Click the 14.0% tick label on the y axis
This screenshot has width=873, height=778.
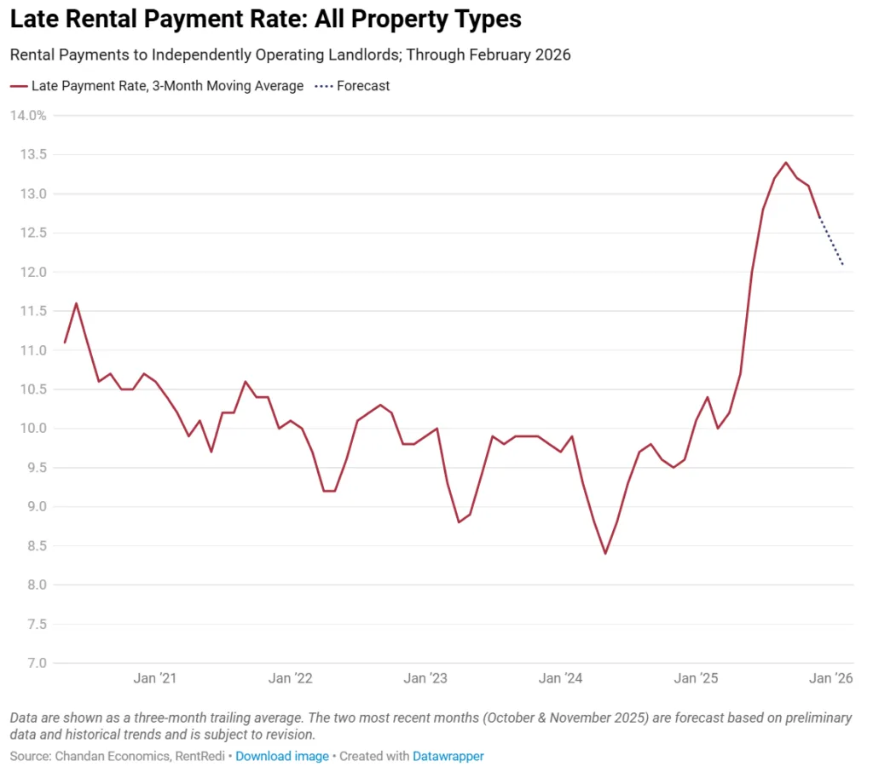point(28,115)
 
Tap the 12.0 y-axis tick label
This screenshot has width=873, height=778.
point(33,272)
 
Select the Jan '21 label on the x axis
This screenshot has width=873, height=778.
point(155,678)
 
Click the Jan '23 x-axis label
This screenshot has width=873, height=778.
point(426,678)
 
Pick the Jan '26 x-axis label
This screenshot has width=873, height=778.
point(831,678)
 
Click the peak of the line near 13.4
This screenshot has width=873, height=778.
point(785,162)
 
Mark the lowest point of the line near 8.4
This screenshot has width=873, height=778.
point(605,554)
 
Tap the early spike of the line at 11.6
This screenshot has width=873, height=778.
point(77,303)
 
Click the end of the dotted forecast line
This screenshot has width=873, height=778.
point(842,264)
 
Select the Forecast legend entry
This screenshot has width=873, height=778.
point(363,85)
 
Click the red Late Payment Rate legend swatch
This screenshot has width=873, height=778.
point(18,85)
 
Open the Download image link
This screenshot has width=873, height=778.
point(282,756)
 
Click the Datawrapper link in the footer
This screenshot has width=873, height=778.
point(448,756)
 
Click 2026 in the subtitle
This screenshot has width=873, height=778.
point(552,55)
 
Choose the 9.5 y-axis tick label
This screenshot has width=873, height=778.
point(36,468)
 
